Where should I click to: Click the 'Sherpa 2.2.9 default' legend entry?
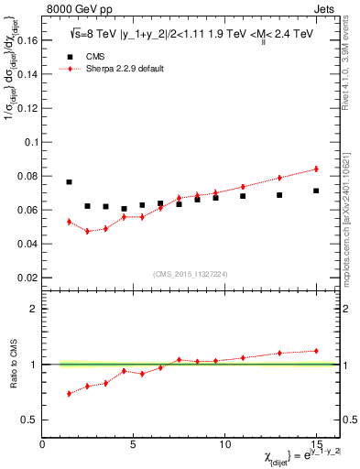pyautogui.click(x=115, y=69)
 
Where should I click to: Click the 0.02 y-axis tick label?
pyautogui.click(x=27, y=278)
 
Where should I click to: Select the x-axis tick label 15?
pyautogui.click(x=316, y=445)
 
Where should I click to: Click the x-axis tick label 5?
pyautogui.click(x=134, y=445)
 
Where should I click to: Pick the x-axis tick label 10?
pyautogui.click(x=224, y=445)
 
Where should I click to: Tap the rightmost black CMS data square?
pyautogui.click(x=316, y=191)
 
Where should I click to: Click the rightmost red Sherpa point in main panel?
pyautogui.click(x=316, y=169)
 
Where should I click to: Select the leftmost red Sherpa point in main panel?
pyautogui.click(x=70, y=222)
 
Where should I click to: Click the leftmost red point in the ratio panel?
pyautogui.click(x=70, y=394)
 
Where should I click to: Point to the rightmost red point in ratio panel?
pyautogui.click(x=316, y=351)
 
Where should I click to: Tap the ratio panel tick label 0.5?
pyautogui.click(x=29, y=420)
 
